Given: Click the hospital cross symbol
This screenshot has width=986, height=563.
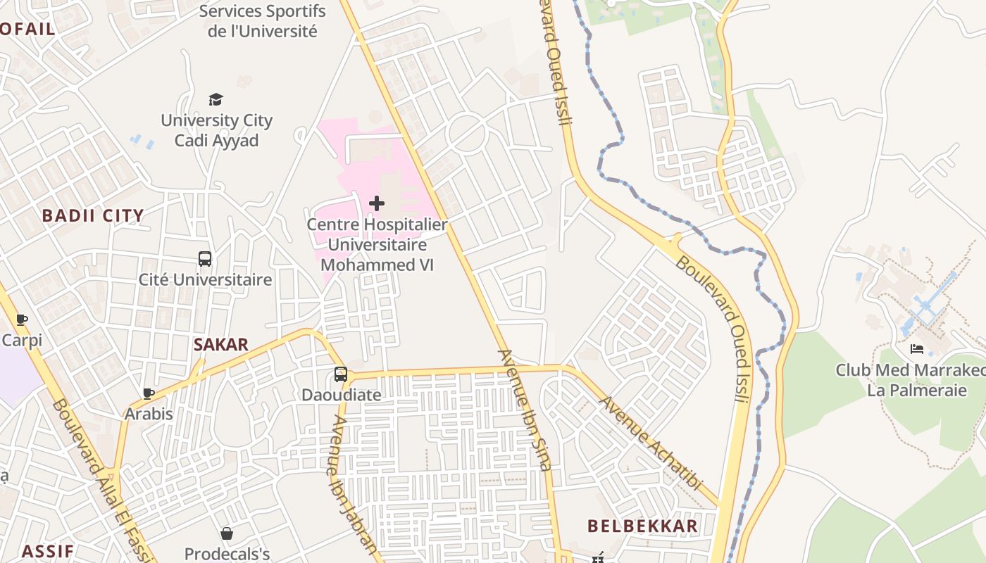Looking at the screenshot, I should point(377,204).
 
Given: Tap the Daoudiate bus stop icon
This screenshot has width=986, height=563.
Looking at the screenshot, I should point(341,374).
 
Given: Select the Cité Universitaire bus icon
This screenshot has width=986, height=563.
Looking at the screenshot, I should point(205,259).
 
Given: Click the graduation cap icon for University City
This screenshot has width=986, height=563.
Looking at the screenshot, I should point(216,100).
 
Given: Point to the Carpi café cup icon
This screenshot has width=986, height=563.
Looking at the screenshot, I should point(22,320).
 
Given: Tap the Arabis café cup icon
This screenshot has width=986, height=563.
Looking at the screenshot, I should point(149,393).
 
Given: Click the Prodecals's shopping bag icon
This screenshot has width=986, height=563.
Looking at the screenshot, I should point(227,534).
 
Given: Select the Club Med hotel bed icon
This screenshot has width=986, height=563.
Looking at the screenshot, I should point(917,349).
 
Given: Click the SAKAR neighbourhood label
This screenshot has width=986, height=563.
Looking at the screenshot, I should point(221,345).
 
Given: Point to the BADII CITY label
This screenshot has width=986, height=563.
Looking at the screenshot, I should point(93,216).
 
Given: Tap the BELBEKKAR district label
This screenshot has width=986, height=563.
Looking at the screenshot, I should point(642,526).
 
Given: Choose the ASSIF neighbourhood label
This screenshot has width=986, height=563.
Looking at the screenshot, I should point(47,550).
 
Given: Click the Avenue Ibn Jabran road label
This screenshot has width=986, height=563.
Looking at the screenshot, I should point(354,486).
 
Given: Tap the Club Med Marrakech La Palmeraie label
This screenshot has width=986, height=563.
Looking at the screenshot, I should point(910,380).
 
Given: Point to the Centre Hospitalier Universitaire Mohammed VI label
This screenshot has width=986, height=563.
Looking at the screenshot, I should point(377,245).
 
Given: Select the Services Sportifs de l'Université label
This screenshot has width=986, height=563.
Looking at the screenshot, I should point(262,21).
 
